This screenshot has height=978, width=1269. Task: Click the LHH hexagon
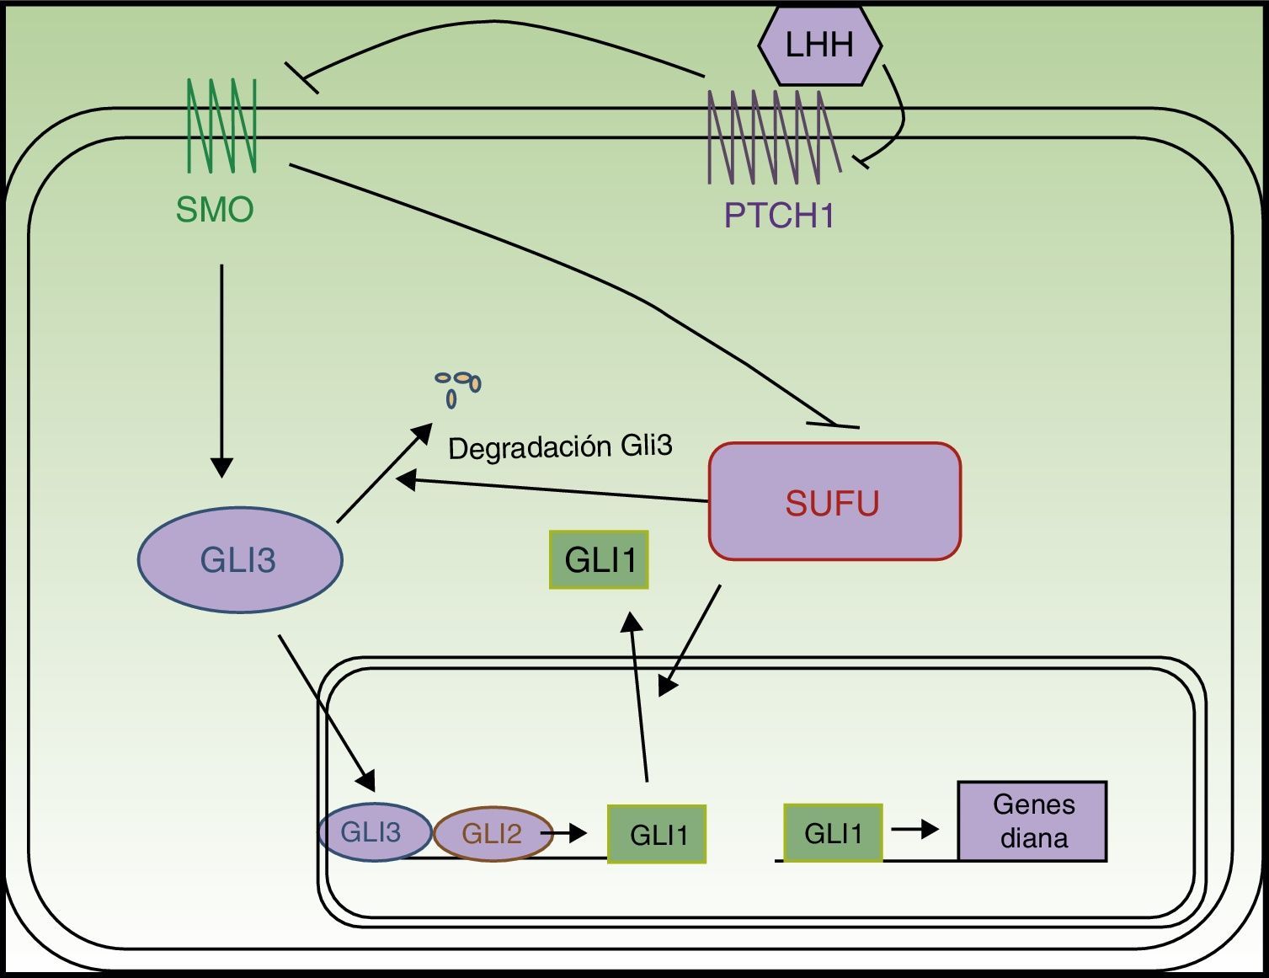pos(819,45)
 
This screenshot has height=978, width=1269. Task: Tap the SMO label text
pos(215,210)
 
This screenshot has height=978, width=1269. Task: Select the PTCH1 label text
pos(779,216)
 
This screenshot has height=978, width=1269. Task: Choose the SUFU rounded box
pos(834,501)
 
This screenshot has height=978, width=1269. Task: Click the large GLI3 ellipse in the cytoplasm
pos(240,559)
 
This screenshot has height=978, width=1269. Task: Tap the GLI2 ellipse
pos(492,833)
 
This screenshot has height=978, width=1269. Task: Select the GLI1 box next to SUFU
pos(599,559)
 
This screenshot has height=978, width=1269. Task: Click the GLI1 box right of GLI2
pos(657,834)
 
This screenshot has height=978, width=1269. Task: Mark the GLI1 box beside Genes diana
pos(833,832)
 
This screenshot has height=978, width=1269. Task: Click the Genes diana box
pos(1032,821)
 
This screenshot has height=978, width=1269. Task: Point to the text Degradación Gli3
pos(560,446)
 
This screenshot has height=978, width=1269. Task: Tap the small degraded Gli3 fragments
pos(458,387)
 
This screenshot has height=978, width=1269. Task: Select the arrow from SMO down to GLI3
pos(221,371)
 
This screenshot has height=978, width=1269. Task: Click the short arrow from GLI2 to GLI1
pos(564,833)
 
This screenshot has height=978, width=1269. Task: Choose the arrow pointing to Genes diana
pos(914,830)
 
